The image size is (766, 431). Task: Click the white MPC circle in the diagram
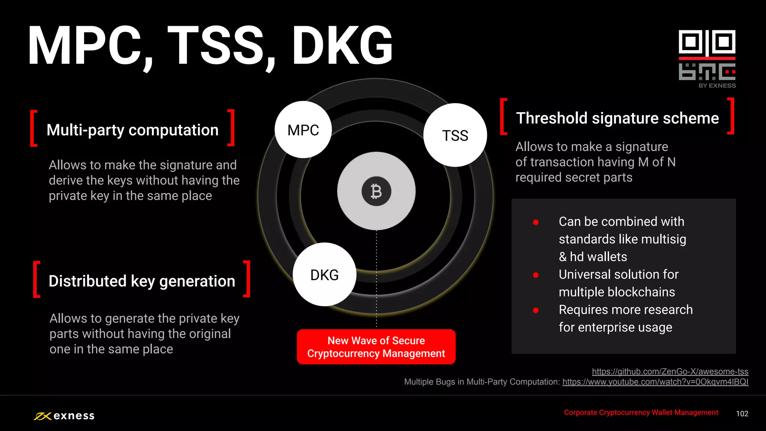point(303,130)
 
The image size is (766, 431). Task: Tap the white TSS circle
point(455,135)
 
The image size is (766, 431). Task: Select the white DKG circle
point(324,275)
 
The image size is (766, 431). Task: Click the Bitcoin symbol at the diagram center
point(376,191)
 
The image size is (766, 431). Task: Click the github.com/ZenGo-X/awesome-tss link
point(670,371)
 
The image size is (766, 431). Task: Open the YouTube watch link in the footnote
point(655,382)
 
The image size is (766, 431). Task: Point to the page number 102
point(742,413)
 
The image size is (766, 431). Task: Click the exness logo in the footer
point(64,416)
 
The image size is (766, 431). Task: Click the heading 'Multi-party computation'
point(132,130)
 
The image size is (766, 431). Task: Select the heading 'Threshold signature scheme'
point(617,118)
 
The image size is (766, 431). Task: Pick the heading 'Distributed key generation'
point(142,281)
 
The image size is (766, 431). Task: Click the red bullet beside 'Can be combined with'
point(536,222)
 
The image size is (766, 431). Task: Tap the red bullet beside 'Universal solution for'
point(536,275)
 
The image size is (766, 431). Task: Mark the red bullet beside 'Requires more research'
point(536,310)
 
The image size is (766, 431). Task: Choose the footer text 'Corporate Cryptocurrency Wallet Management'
point(641,412)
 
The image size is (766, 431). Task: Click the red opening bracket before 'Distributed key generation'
point(37,279)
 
